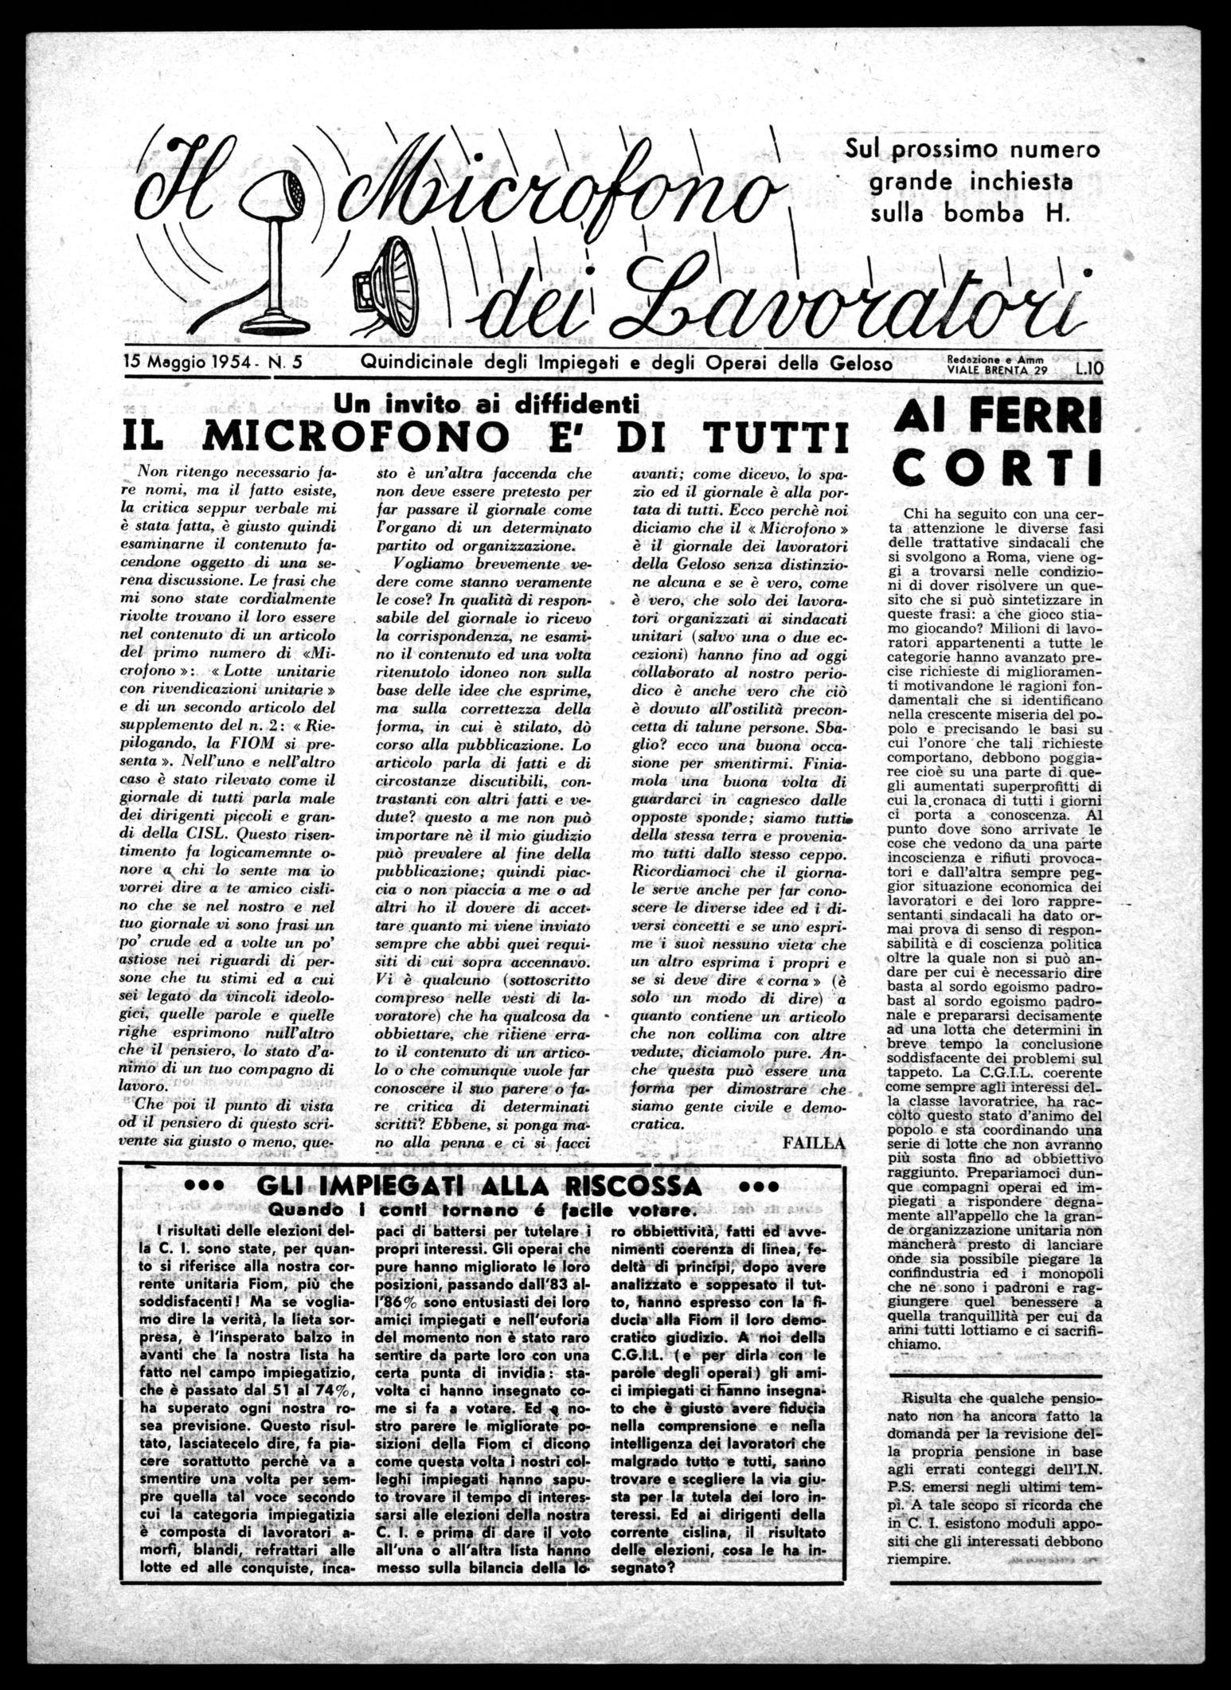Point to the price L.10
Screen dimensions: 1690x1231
coord(1086,368)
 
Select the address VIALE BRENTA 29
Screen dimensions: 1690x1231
coord(998,370)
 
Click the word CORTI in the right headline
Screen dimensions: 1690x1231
coord(998,467)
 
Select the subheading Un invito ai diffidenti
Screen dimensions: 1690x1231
coord(487,404)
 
